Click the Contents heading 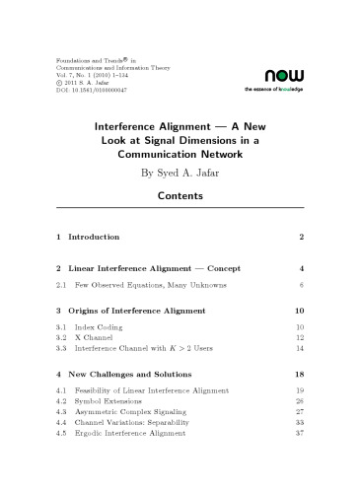180,195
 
